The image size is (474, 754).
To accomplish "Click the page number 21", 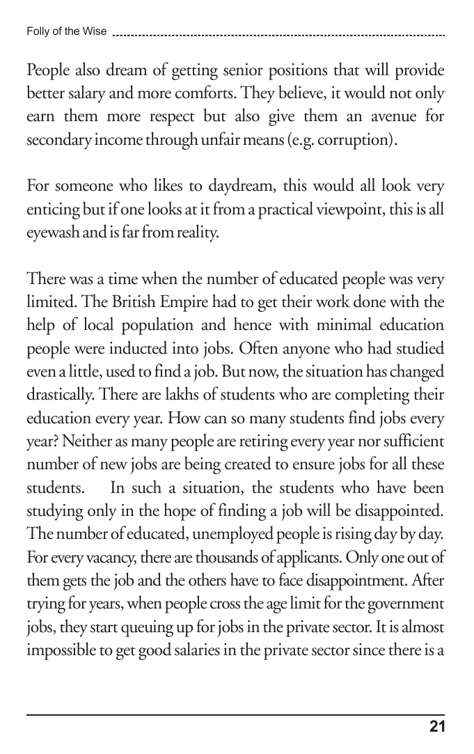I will point(437,728).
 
